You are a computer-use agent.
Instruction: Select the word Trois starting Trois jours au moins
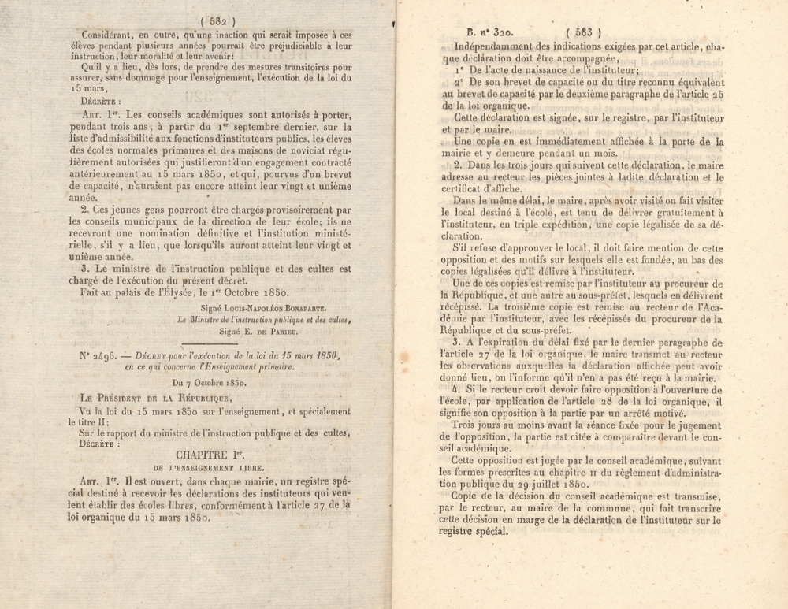pyautogui.click(x=469, y=425)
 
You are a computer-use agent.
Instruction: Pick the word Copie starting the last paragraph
pyautogui.click(x=470, y=496)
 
